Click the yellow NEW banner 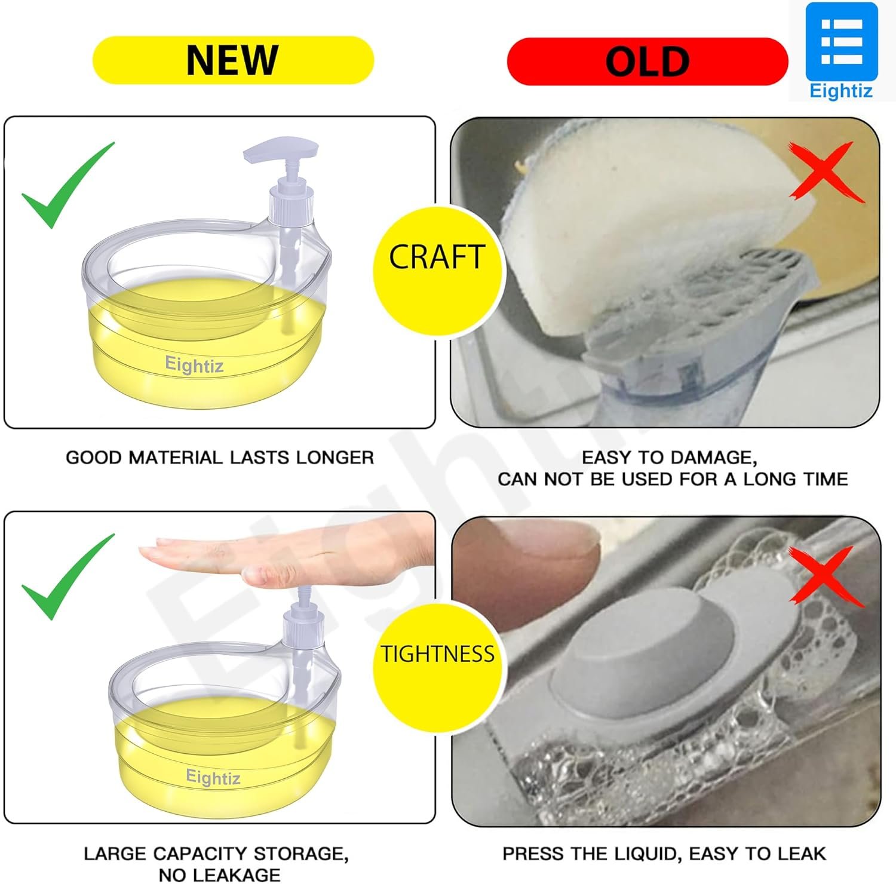(233, 60)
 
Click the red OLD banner (648, 62)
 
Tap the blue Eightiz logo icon (842, 42)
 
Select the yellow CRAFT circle (437, 271)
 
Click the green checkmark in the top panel (67, 185)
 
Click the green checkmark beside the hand (67, 576)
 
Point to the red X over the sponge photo (827, 171)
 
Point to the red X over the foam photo (827, 576)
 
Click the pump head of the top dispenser (280, 151)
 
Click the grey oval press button (645, 657)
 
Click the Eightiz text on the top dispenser (194, 364)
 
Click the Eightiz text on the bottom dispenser (213, 777)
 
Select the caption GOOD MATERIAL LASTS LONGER (220, 458)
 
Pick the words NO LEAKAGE (219, 875)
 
